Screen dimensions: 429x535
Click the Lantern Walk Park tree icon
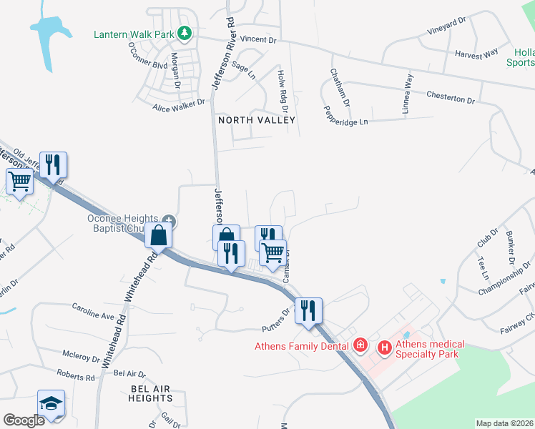[185, 33]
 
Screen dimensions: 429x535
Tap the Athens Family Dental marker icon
[361, 346]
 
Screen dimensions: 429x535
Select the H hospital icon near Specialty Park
[385, 347]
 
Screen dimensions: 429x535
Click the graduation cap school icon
[51, 404]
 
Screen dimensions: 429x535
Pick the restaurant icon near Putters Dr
[309, 311]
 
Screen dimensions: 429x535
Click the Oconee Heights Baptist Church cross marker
[169, 219]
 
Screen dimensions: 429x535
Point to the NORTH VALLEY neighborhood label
[256, 120]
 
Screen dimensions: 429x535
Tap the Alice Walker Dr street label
[178, 107]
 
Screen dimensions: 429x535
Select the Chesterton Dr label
[450, 97]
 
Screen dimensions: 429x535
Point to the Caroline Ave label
[93, 311]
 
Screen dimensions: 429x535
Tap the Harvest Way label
[476, 54]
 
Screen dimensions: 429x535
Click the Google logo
[24, 420]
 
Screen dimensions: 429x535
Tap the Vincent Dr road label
[257, 39]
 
